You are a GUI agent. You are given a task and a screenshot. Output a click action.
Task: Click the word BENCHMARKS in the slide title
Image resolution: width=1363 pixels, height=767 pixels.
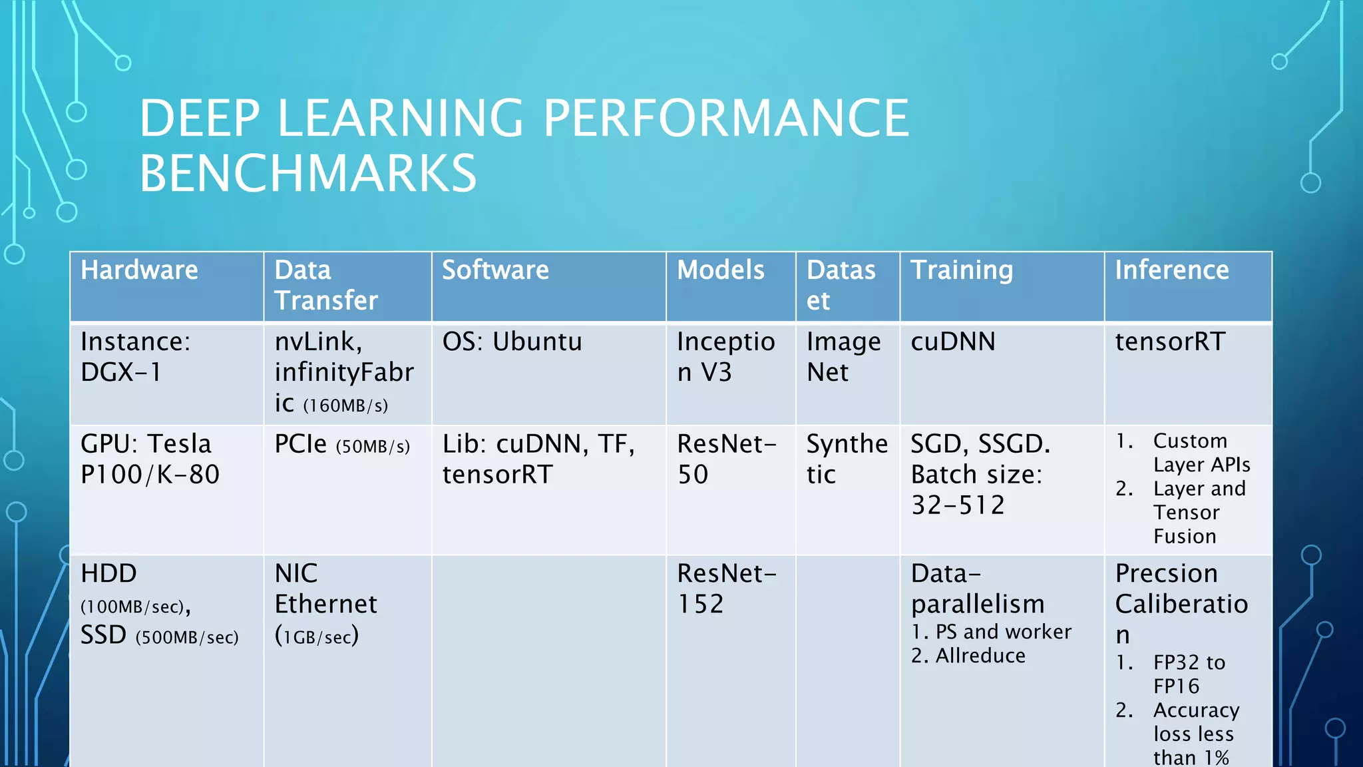[x=307, y=173]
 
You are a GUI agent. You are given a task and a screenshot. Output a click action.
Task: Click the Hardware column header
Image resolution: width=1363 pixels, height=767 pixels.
[x=139, y=270]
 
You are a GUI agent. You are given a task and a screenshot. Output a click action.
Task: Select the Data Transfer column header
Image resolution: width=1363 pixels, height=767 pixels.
[x=326, y=285]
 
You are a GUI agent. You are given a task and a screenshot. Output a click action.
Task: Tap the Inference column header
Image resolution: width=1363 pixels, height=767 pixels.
[x=1171, y=270]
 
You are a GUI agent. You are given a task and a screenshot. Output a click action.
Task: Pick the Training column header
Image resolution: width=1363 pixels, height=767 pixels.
[x=961, y=270]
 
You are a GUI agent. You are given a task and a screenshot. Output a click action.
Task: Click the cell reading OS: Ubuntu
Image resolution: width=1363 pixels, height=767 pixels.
[x=512, y=342]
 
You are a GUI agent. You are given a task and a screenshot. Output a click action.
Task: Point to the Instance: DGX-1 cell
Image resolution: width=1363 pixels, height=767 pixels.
[x=135, y=356]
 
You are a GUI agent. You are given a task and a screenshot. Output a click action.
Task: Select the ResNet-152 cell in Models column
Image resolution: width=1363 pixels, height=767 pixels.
[x=726, y=589]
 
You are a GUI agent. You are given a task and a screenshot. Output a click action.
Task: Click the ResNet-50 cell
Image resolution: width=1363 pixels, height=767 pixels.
[x=726, y=459]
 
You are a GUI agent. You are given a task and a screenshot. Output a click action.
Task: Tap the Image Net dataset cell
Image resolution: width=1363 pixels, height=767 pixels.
[x=843, y=356]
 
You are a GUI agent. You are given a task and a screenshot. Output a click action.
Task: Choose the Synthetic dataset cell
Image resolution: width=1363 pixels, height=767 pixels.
[x=847, y=459]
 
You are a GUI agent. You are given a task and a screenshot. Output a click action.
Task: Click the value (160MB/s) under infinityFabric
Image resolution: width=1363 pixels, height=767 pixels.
[x=345, y=405]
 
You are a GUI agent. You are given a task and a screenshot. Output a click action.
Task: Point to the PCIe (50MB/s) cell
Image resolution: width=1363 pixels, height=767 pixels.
[x=342, y=445]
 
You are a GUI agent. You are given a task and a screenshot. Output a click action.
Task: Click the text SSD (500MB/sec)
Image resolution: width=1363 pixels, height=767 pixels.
[x=159, y=636]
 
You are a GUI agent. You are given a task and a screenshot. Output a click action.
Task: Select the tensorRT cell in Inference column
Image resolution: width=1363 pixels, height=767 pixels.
[x=1169, y=342]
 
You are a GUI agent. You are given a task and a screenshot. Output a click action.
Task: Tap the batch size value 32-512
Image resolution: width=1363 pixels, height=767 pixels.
[x=957, y=505]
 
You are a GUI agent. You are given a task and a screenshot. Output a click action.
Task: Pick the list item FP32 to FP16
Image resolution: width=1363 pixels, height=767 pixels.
[x=1188, y=674]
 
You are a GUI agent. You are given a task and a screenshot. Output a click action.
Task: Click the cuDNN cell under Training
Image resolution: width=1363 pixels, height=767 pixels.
[x=952, y=342]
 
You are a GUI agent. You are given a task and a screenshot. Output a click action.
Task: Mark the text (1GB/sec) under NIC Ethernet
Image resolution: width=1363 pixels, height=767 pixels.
[x=317, y=636]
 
